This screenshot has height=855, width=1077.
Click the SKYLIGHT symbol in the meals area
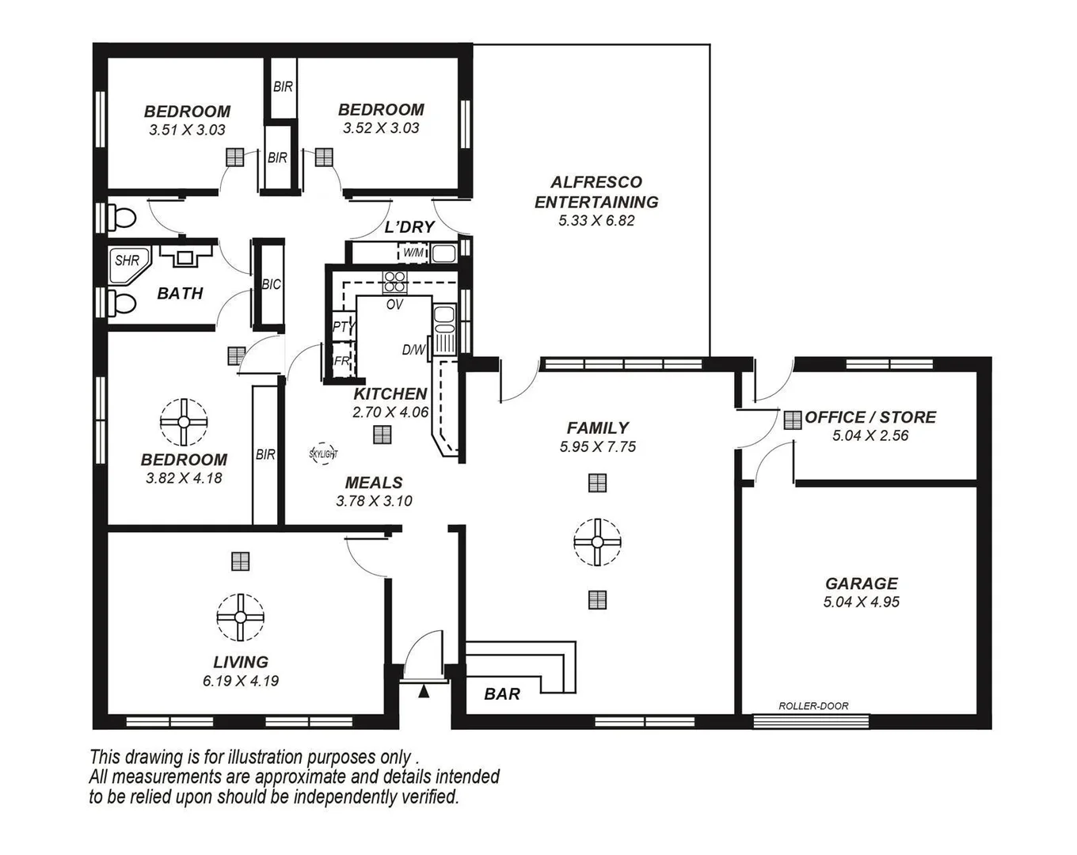tap(322, 454)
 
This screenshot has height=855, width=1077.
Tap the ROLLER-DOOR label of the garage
tap(813, 705)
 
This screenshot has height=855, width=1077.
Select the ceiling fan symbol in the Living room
tap(240, 617)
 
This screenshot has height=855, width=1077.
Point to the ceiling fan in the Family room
tap(597, 542)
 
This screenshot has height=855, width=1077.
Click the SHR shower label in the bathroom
tap(127, 260)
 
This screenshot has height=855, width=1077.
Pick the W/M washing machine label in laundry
tap(413, 253)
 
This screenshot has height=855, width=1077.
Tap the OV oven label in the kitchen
tap(394, 304)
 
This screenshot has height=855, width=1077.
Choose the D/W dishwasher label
tap(413, 350)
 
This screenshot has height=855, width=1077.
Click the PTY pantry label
tap(343, 326)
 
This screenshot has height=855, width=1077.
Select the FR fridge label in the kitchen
tap(341, 361)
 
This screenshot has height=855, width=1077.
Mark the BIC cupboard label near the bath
tap(271, 284)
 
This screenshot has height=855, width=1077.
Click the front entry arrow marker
tap(424, 692)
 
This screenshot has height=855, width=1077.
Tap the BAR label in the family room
tap(502, 694)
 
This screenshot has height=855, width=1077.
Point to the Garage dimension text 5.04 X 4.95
tap(862, 602)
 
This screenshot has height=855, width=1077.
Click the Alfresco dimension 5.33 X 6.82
tap(596, 221)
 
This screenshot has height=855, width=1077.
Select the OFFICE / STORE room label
tap(870, 417)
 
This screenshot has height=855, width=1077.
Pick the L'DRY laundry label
tap(409, 227)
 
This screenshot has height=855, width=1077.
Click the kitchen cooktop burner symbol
tap(394, 282)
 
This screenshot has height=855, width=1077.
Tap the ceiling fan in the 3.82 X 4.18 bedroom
tap(184, 422)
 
